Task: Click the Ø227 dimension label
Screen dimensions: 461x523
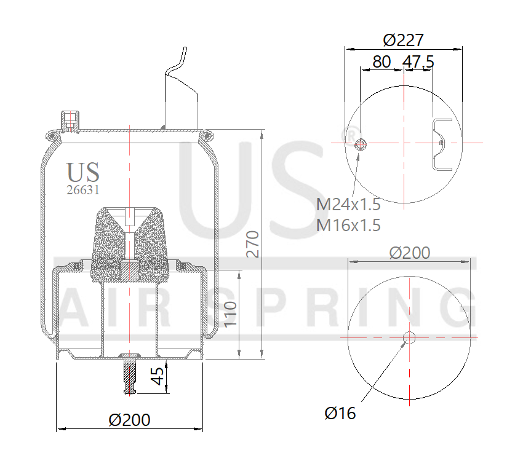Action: [403, 40]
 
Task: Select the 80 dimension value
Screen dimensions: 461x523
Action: [381, 61]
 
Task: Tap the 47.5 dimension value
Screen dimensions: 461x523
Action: [418, 61]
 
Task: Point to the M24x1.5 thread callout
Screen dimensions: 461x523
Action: [348, 204]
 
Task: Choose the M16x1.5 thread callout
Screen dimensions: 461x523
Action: [348, 225]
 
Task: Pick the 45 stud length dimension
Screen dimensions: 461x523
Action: [158, 377]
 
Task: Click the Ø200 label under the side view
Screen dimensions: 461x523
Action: [129, 420]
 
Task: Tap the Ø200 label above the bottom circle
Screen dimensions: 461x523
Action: [410, 253]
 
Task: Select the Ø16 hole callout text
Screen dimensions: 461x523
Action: [340, 413]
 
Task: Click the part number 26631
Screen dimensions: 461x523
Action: [82, 190]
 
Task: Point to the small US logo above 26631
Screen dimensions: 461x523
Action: [82, 173]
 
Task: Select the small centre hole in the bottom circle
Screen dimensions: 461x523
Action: [409, 337]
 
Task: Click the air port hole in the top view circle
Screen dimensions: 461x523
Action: [361, 144]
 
